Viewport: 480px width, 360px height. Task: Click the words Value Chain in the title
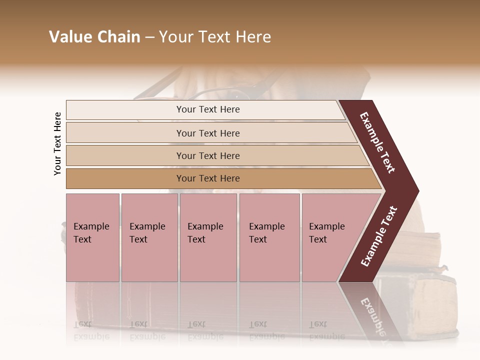(94, 37)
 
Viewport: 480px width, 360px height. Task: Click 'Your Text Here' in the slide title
(215, 37)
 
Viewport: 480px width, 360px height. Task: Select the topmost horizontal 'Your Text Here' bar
(207, 109)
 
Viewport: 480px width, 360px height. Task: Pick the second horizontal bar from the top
(207, 133)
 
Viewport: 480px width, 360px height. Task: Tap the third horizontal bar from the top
(207, 155)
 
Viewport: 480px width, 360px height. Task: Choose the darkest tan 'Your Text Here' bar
(207, 178)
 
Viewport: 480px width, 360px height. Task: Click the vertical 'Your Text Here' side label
(58, 143)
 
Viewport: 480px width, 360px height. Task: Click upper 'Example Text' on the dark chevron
(377, 142)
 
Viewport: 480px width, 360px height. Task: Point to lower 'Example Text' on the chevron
(379, 236)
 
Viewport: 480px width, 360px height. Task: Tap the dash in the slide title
(149, 37)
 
